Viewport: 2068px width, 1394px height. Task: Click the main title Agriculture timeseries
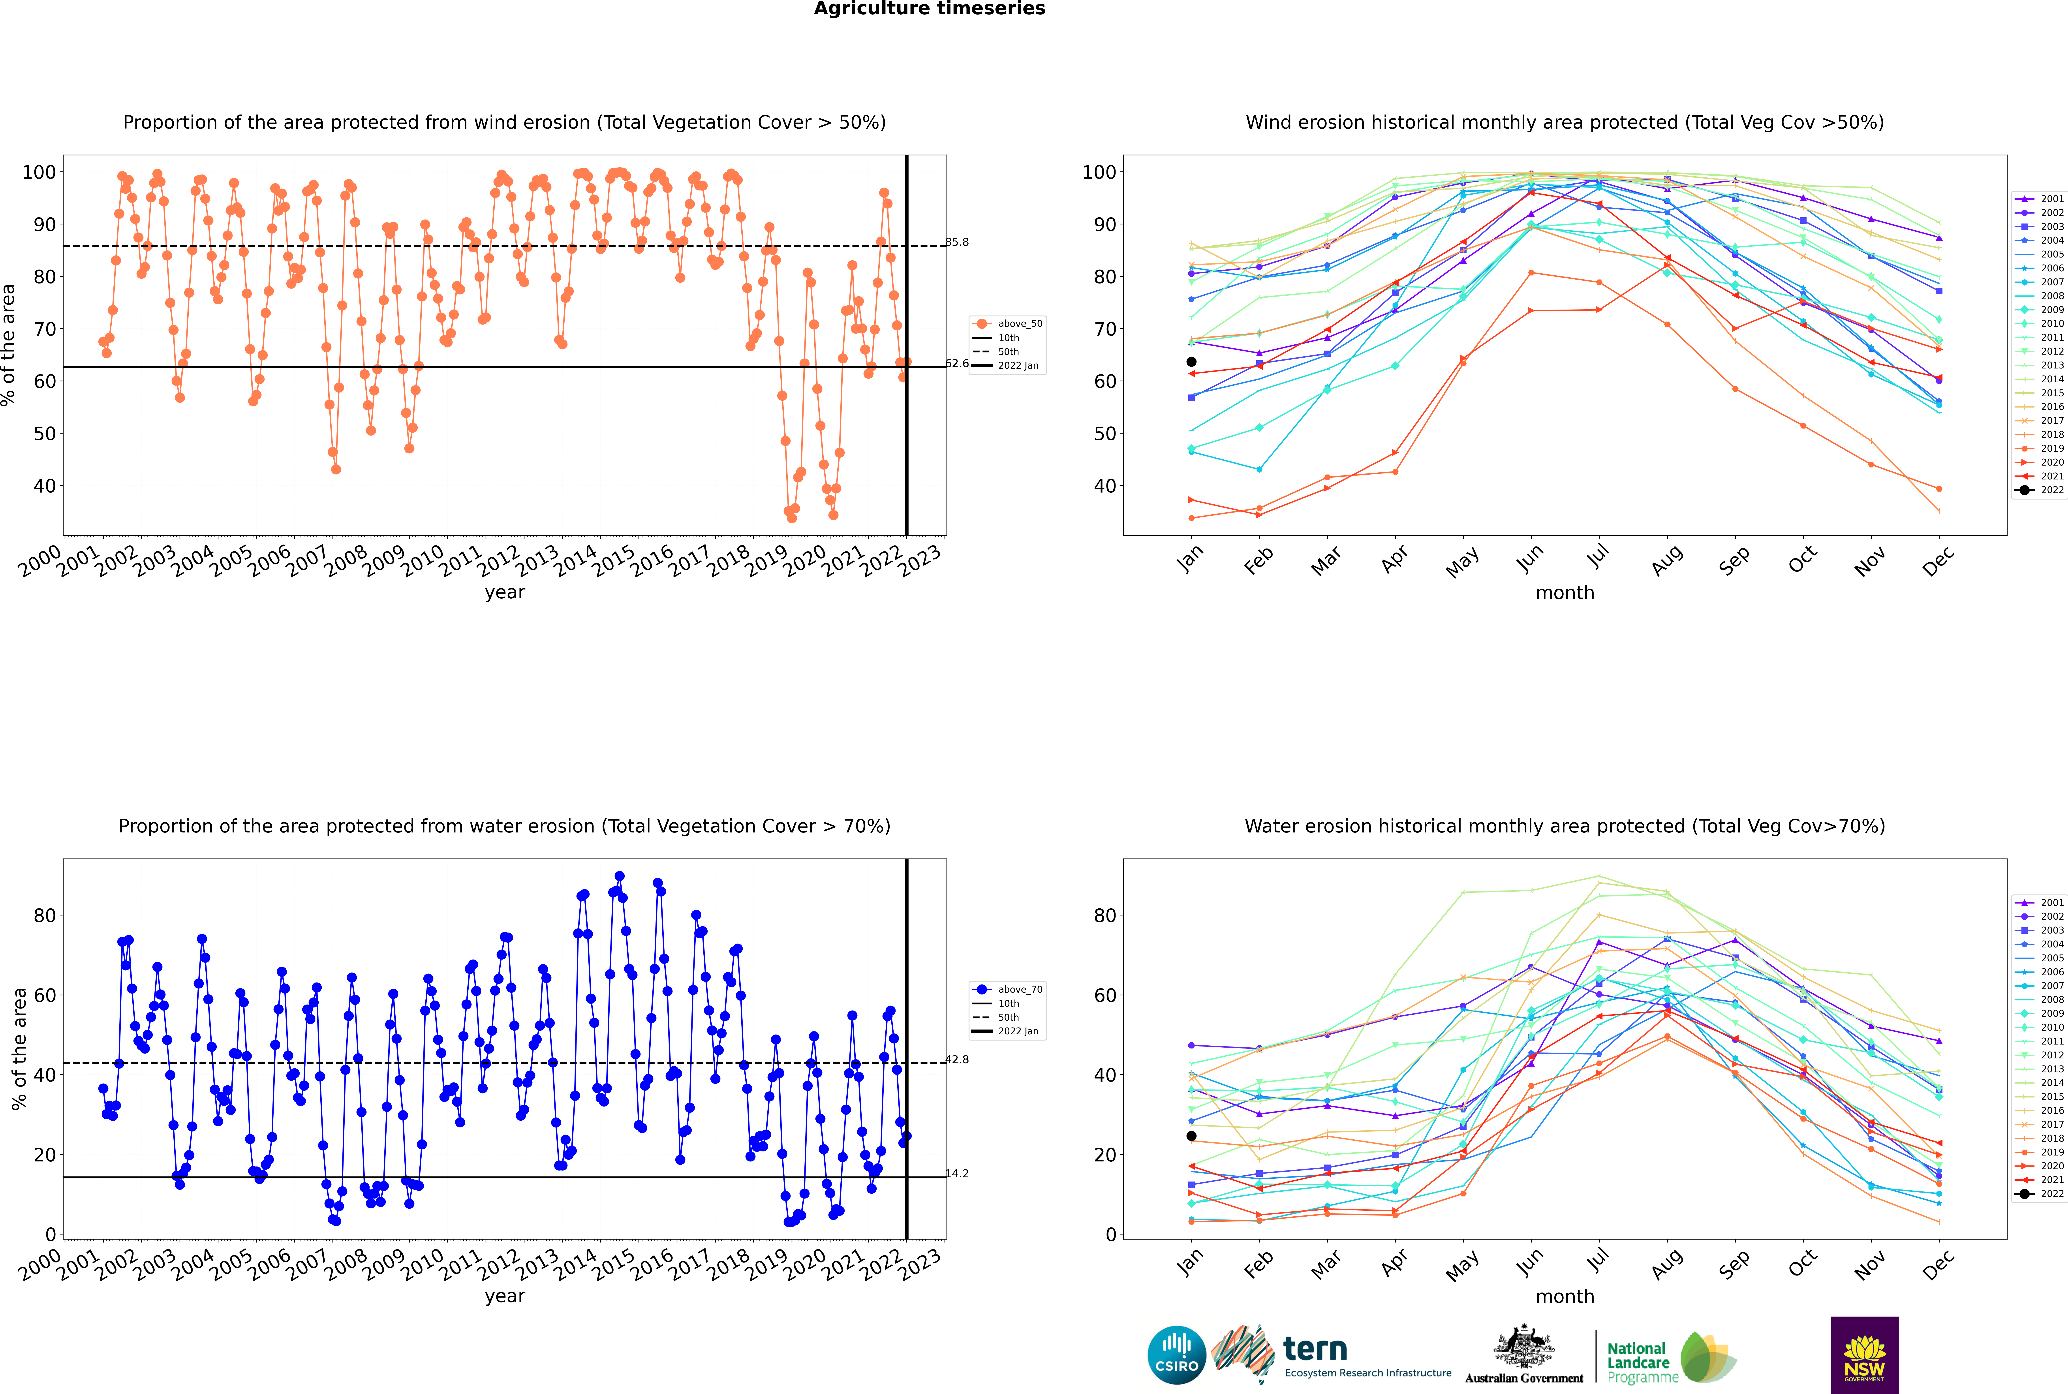(929, 9)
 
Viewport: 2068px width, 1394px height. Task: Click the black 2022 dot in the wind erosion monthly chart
(1191, 362)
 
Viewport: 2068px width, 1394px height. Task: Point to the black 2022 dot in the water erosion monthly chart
(1191, 1136)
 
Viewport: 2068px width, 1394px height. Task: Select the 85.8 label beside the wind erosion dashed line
(958, 242)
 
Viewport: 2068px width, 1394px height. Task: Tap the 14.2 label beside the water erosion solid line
(958, 1174)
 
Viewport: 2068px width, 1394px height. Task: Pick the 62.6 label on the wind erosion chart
(958, 364)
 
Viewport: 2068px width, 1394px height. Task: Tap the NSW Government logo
(1864, 1355)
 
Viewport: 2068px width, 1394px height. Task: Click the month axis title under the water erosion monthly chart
(1565, 1296)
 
